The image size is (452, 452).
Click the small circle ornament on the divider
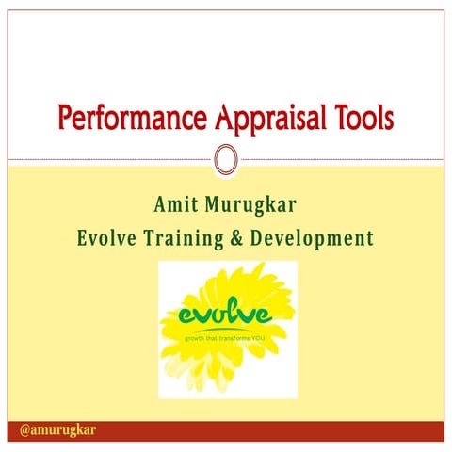click(x=226, y=159)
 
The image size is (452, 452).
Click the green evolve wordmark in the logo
click(x=227, y=313)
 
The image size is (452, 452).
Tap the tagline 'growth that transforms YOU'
click(x=227, y=336)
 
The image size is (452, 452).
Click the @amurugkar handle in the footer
click(x=58, y=430)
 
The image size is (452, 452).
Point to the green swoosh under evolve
click(x=226, y=327)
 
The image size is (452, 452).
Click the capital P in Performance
click(x=65, y=120)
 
